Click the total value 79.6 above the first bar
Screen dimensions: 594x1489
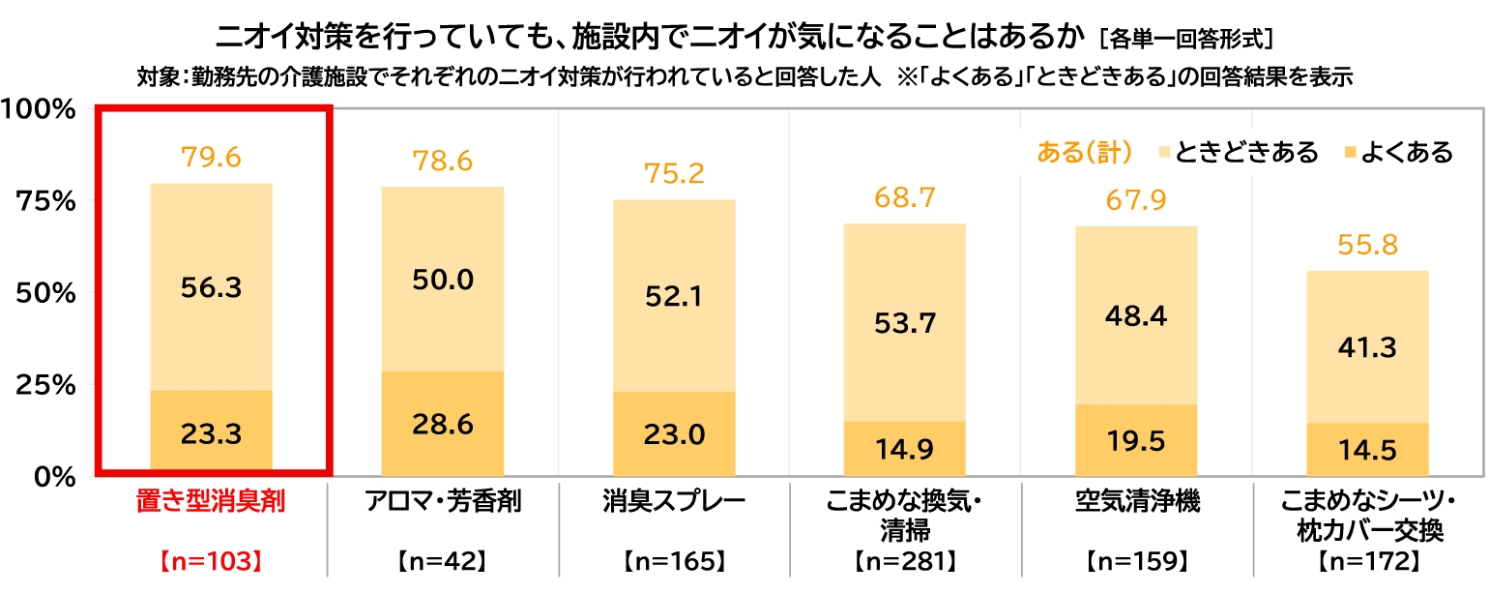pos(211,156)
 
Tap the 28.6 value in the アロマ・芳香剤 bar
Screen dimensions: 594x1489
pos(443,424)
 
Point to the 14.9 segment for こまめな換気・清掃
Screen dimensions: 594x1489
pos(905,449)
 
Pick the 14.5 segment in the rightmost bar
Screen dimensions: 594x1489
pos(1367,450)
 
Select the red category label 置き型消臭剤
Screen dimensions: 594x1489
pos(210,504)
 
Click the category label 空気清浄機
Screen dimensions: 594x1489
pos(1135,504)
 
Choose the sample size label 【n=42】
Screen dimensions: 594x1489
pos(442,560)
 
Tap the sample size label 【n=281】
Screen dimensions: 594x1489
pos(905,560)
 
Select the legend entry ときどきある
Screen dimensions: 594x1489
pos(1245,153)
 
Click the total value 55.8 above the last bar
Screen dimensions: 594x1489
pos(1367,245)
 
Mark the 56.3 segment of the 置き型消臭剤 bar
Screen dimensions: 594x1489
pos(211,286)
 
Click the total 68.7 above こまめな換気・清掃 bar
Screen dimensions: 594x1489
pos(905,199)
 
